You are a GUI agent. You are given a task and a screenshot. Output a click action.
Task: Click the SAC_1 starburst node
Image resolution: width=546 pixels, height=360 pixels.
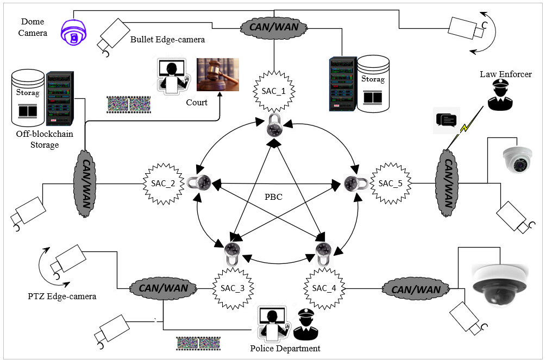point(274,91)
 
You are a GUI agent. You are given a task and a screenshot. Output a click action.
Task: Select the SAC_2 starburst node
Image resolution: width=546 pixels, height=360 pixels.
point(163,184)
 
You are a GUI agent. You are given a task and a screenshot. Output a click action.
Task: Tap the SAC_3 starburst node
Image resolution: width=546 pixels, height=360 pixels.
point(233,288)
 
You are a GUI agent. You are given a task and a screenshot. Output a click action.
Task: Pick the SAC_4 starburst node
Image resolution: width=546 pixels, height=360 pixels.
point(324,288)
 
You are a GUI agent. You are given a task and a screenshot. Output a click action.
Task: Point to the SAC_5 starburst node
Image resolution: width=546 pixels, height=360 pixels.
point(390,183)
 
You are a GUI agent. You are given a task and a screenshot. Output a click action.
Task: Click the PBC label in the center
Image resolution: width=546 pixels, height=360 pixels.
point(273,197)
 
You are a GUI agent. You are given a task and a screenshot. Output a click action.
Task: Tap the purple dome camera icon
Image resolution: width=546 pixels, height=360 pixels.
point(73,32)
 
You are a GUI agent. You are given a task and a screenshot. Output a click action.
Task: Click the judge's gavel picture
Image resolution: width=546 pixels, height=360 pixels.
point(218,74)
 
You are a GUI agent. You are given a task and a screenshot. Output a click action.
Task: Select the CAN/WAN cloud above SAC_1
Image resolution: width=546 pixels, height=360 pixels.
point(274,27)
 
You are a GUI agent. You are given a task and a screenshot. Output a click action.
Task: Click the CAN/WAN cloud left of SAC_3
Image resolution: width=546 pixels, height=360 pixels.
point(164,288)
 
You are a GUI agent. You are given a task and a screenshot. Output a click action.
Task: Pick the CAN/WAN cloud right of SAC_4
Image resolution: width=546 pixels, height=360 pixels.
point(416,289)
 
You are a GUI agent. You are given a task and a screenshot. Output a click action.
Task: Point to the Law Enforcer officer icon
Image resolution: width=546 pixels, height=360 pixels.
point(500,94)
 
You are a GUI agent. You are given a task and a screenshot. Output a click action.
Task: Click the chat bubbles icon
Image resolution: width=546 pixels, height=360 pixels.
point(447,120)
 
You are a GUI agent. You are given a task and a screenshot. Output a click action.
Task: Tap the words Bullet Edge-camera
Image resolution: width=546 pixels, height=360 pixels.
point(167,40)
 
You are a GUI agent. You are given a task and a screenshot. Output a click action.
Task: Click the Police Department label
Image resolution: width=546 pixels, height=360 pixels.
point(285,349)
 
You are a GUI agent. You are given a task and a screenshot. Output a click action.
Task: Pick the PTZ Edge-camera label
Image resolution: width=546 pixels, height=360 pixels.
point(62,296)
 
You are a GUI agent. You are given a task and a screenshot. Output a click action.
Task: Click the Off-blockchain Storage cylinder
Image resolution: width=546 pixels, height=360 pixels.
point(28,98)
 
